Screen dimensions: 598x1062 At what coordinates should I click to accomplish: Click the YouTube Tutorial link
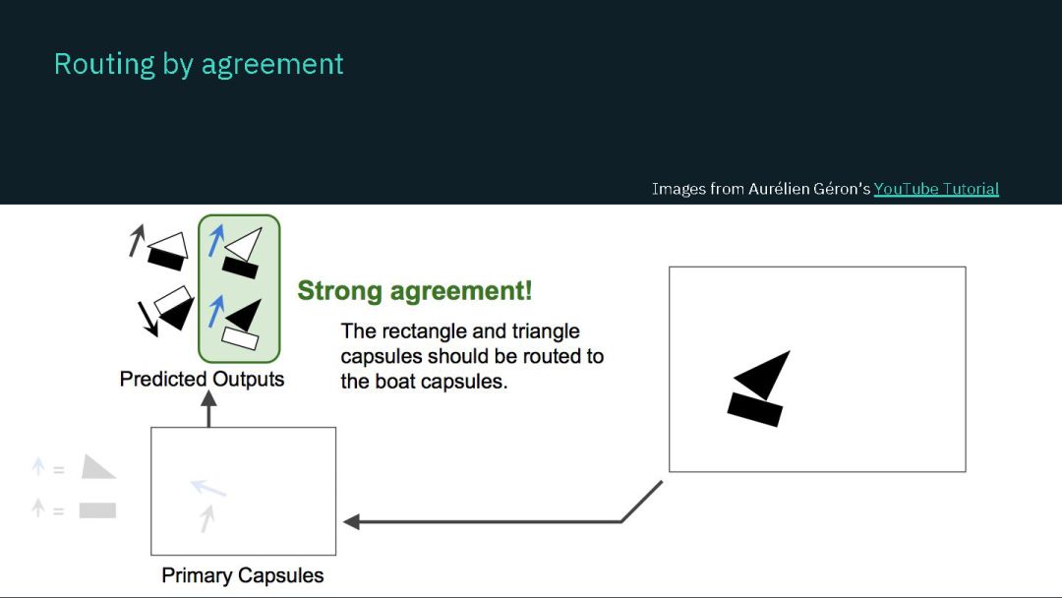[x=936, y=189]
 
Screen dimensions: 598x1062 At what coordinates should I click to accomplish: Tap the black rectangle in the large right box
[x=754, y=408]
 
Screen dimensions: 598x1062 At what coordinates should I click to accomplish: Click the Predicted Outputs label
[x=202, y=379]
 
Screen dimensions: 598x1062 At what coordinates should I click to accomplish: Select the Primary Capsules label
[x=242, y=575]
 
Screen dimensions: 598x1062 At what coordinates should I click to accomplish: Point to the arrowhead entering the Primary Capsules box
[x=351, y=522]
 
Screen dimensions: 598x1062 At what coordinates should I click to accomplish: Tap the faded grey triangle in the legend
[x=96, y=468]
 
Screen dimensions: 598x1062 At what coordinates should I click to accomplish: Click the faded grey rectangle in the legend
[x=97, y=510]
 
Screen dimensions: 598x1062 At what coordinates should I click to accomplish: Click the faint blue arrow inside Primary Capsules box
[x=207, y=487]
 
